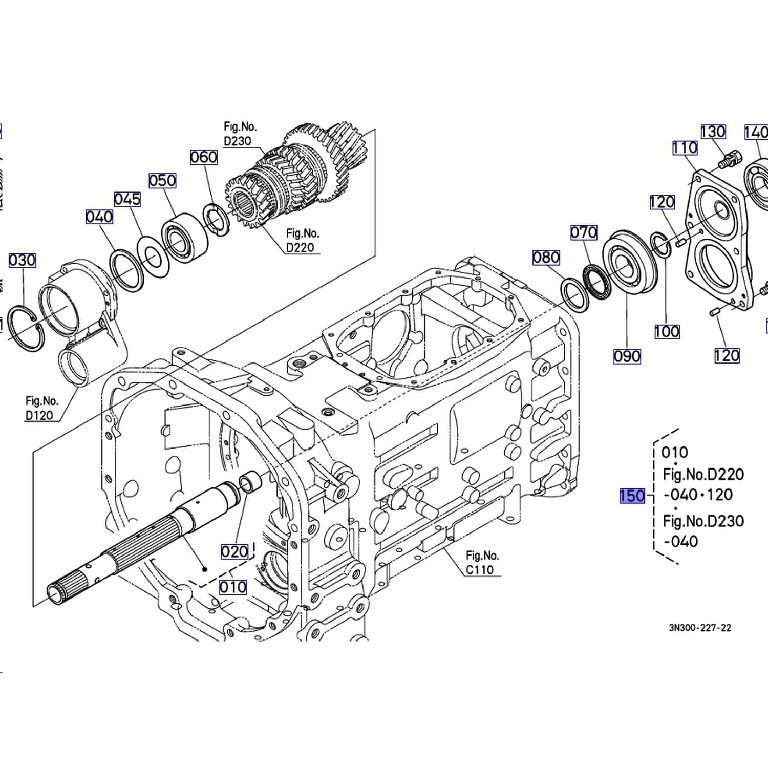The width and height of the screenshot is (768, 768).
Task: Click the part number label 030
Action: point(22,260)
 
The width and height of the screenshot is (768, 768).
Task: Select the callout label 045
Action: point(127,199)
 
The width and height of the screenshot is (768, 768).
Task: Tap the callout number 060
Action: point(204,157)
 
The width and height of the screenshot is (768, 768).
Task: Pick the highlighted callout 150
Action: point(632,496)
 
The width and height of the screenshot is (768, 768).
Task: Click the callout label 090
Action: point(627,356)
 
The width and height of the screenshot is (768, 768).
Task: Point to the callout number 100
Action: point(667,331)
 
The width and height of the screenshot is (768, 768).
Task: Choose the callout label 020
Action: point(234,551)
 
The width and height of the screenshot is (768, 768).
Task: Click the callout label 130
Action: point(713,132)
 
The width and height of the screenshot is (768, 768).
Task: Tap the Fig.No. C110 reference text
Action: point(481,562)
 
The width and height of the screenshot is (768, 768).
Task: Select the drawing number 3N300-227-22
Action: point(700,628)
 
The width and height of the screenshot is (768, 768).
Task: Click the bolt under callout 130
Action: point(729,158)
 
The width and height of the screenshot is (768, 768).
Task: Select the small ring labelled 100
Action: point(660,244)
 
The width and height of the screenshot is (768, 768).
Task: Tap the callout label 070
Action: point(584,232)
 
